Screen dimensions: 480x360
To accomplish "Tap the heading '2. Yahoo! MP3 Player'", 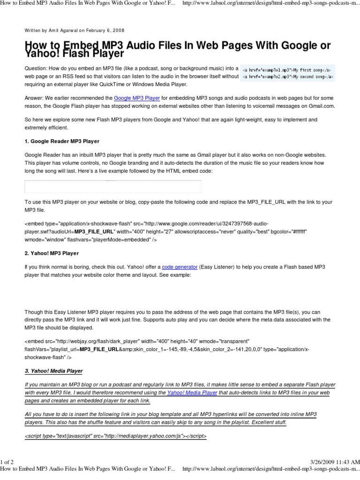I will (x=52, y=253).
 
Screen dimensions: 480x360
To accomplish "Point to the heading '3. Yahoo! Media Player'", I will (x=53, y=371).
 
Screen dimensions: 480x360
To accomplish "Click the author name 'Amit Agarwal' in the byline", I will (x=60, y=30).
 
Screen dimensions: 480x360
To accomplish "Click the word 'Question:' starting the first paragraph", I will (x=37, y=68).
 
